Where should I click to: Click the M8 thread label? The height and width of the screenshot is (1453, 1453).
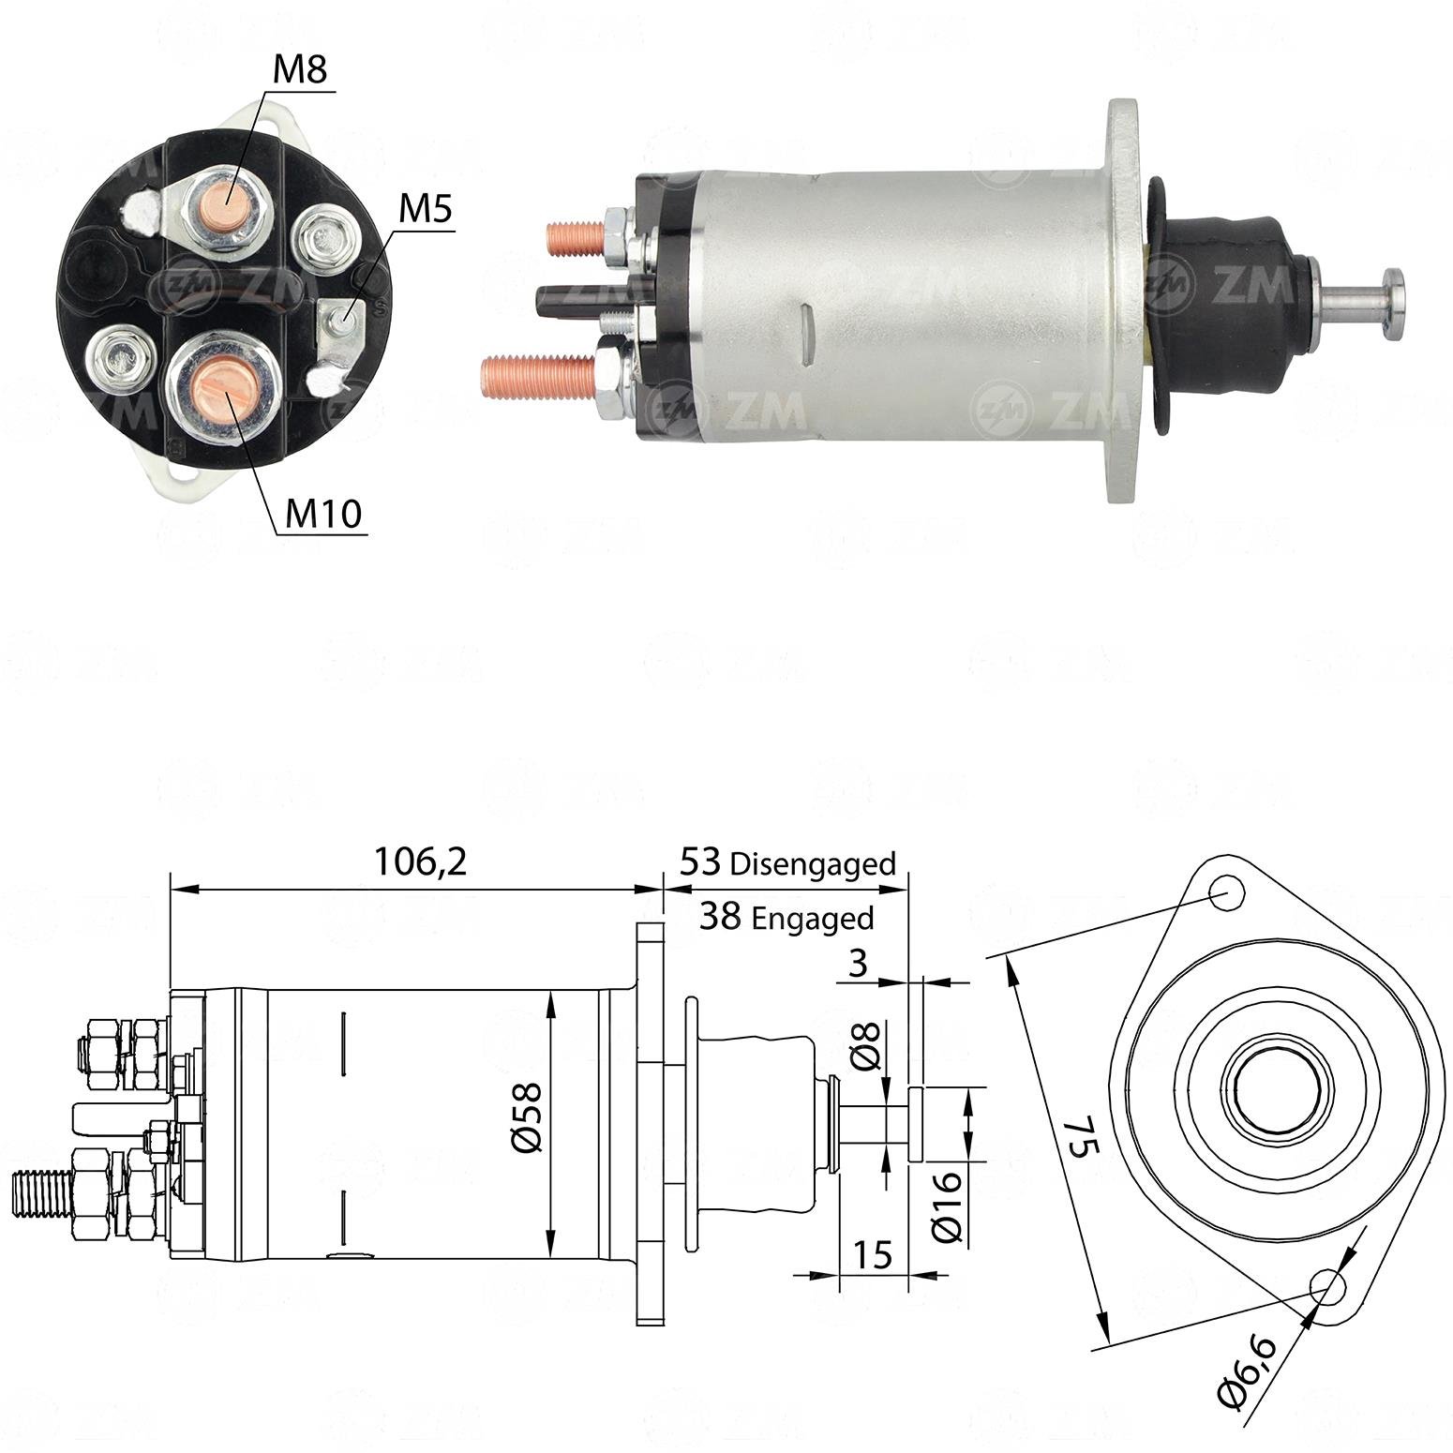(301, 69)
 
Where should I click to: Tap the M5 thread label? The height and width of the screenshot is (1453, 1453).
(425, 210)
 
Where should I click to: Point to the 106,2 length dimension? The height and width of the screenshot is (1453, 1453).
(420, 861)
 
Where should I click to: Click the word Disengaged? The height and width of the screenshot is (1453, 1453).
(813, 864)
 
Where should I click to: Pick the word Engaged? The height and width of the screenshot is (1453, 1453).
(813, 918)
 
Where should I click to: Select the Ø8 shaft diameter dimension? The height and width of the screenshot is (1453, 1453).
(868, 1046)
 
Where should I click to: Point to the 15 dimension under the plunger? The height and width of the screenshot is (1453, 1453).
(873, 1253)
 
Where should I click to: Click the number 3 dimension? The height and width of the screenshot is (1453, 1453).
(857, 963)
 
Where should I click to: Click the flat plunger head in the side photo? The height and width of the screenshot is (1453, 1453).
(1393, 305)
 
